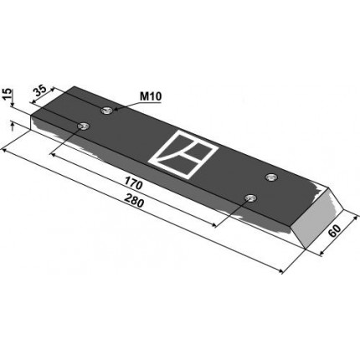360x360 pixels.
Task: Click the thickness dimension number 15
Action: click(x=8, y=94)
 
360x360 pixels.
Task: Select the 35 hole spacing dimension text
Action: click(x=39, y=90)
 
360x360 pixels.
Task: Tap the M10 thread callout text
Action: click(x=151, y=96)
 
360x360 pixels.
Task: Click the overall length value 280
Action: click(x=134, y=201)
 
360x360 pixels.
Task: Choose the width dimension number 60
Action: click(x=334, y=231)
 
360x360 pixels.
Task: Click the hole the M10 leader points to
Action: click(x=106, y=111)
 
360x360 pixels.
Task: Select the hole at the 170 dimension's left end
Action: click(x=83, y=126)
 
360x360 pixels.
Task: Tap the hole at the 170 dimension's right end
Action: click(x=250, y=198)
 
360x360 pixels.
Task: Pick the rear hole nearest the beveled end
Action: click(x=270, y=177)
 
